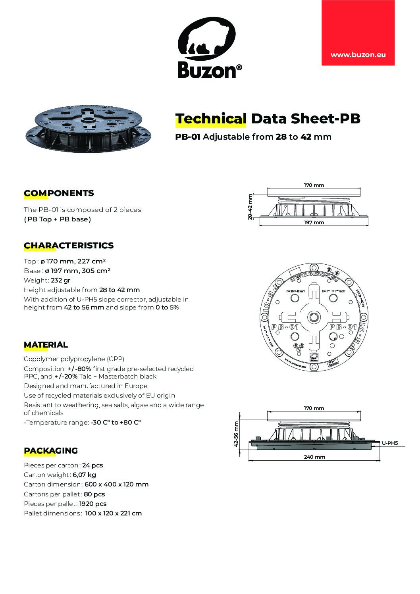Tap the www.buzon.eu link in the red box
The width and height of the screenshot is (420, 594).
(x=358, y=55)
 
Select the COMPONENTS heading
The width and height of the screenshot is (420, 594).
(x=59, y=193)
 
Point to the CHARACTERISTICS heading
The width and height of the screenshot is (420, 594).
(x=69, y=246)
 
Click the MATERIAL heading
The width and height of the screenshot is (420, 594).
(x=46, y=345)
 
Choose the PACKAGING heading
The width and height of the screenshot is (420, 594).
(x=51, y=451)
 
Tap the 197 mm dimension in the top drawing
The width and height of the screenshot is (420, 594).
(x=314, y=223)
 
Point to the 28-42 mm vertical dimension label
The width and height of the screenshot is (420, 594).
(x=250, y=206)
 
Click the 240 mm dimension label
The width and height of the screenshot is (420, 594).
(x=314, y=457)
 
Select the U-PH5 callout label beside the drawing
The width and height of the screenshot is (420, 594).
(x=390, y=443)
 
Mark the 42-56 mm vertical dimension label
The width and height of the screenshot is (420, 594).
(x=237, y=434)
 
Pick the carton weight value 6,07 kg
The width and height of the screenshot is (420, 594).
(x=84, y=475)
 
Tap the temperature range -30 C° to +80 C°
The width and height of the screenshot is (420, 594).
(x=116, y=423)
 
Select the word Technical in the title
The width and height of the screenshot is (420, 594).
(x=210, y=119)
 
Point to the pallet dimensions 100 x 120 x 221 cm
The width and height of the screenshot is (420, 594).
(x=113, y=513)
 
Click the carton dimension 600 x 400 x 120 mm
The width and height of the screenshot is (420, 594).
(x=116, y=484)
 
